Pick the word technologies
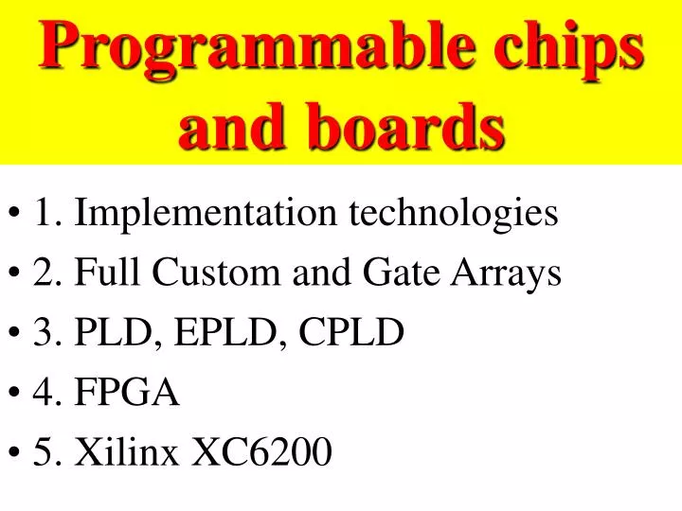(455, 214)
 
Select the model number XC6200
(262, 452)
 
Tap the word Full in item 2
(105, 273)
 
